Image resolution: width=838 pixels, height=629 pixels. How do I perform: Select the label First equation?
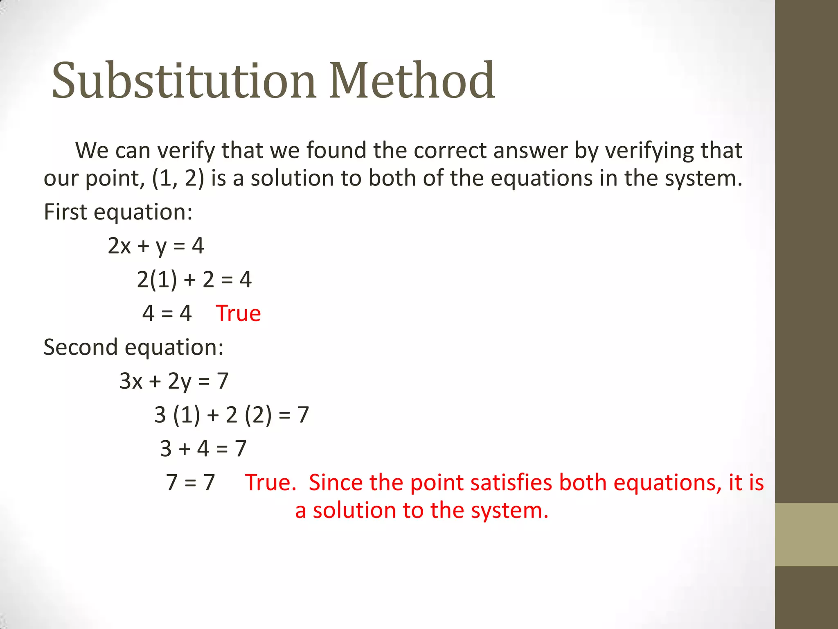click(118, 212)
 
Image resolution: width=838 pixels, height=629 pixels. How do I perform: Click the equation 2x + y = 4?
click(155, 246)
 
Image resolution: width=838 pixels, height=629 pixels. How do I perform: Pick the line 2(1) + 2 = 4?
click(194, 280)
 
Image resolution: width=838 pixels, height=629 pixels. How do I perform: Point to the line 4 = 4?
click(167, 314)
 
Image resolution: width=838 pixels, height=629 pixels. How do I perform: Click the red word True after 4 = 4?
click(238, 314)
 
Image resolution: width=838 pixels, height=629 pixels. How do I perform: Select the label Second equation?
click(133, 347)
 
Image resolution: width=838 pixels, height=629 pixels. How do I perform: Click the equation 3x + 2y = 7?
click(173, 381)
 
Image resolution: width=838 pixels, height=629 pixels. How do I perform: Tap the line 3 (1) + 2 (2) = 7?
click(231, 415)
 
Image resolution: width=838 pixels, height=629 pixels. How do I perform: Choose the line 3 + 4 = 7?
click(203, 449)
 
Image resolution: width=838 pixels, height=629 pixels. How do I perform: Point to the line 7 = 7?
click(190, 482)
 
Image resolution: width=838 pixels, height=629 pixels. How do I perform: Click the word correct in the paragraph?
click(450, 151)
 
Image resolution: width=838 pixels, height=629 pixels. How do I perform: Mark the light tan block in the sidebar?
click(806, 534)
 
